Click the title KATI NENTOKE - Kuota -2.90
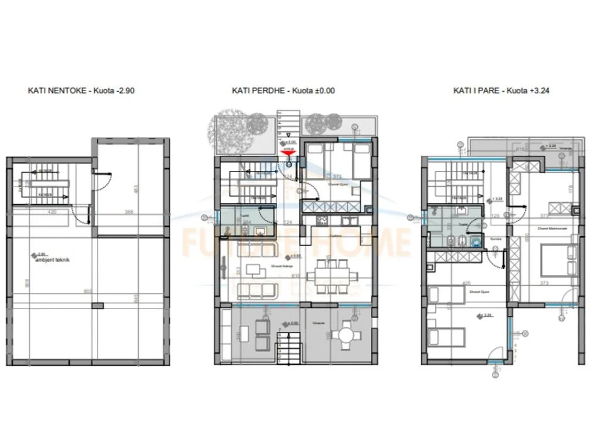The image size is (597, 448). click(x=81, y=90)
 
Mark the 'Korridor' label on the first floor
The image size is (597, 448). click(x=495, y=239)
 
